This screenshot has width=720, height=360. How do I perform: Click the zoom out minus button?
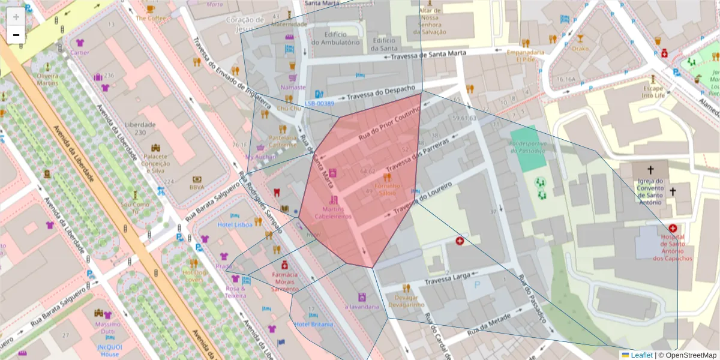(16, 35)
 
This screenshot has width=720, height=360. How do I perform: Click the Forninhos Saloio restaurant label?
(388, 190)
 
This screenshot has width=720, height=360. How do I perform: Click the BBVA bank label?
(197, 187)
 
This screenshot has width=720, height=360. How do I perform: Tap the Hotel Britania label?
(313, 324)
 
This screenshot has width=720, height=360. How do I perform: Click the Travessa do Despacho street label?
(381, 94)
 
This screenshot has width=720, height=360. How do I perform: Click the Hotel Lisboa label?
(235, 224)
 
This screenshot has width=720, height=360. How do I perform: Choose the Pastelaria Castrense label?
(283, 140)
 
